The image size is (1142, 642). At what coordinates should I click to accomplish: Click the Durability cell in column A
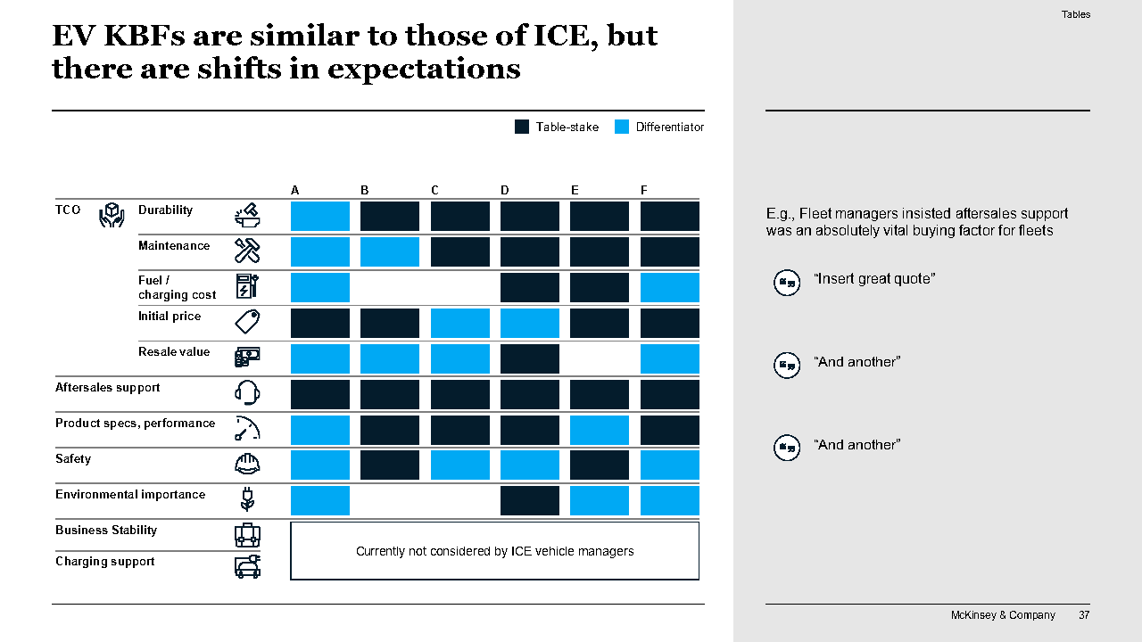[x=319, y=216]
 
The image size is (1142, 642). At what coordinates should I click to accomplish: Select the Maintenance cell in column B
[x=390, y=251]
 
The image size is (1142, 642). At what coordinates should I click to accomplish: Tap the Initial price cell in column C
[x=459, y=323]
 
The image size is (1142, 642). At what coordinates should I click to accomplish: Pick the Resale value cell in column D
[x=529, y=358]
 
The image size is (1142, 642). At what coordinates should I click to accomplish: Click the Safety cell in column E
[x=599, y=465]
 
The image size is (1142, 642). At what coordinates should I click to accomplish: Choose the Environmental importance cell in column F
[x=669, y=501]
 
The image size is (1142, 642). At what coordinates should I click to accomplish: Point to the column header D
[x=505, y=190]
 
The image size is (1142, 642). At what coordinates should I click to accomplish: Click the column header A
[x=295, y=190]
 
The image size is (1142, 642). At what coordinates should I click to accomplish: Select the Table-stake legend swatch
[x=522, y=127]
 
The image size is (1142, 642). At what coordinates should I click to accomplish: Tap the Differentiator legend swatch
[x=622, y=127]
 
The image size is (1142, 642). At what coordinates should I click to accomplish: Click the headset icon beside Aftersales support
[x=247, y=392]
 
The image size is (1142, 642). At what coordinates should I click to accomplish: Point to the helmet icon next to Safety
[x=247, y=464]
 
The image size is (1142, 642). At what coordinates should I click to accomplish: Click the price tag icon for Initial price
[x=247, y=322]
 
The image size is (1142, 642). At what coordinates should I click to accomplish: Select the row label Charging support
[x=105, y=562]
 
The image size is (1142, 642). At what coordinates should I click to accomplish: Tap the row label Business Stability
[x=106, y=531]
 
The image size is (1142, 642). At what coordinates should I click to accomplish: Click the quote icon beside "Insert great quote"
[x=786, y=283]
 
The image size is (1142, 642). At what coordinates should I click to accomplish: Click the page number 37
[x=1084, y=615]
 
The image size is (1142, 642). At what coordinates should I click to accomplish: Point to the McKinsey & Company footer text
[x=1003, y=615]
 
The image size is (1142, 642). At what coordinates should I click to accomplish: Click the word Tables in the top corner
[x=1076, y=14]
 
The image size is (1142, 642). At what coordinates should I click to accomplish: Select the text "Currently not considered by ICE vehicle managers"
[x=494, y=551]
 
